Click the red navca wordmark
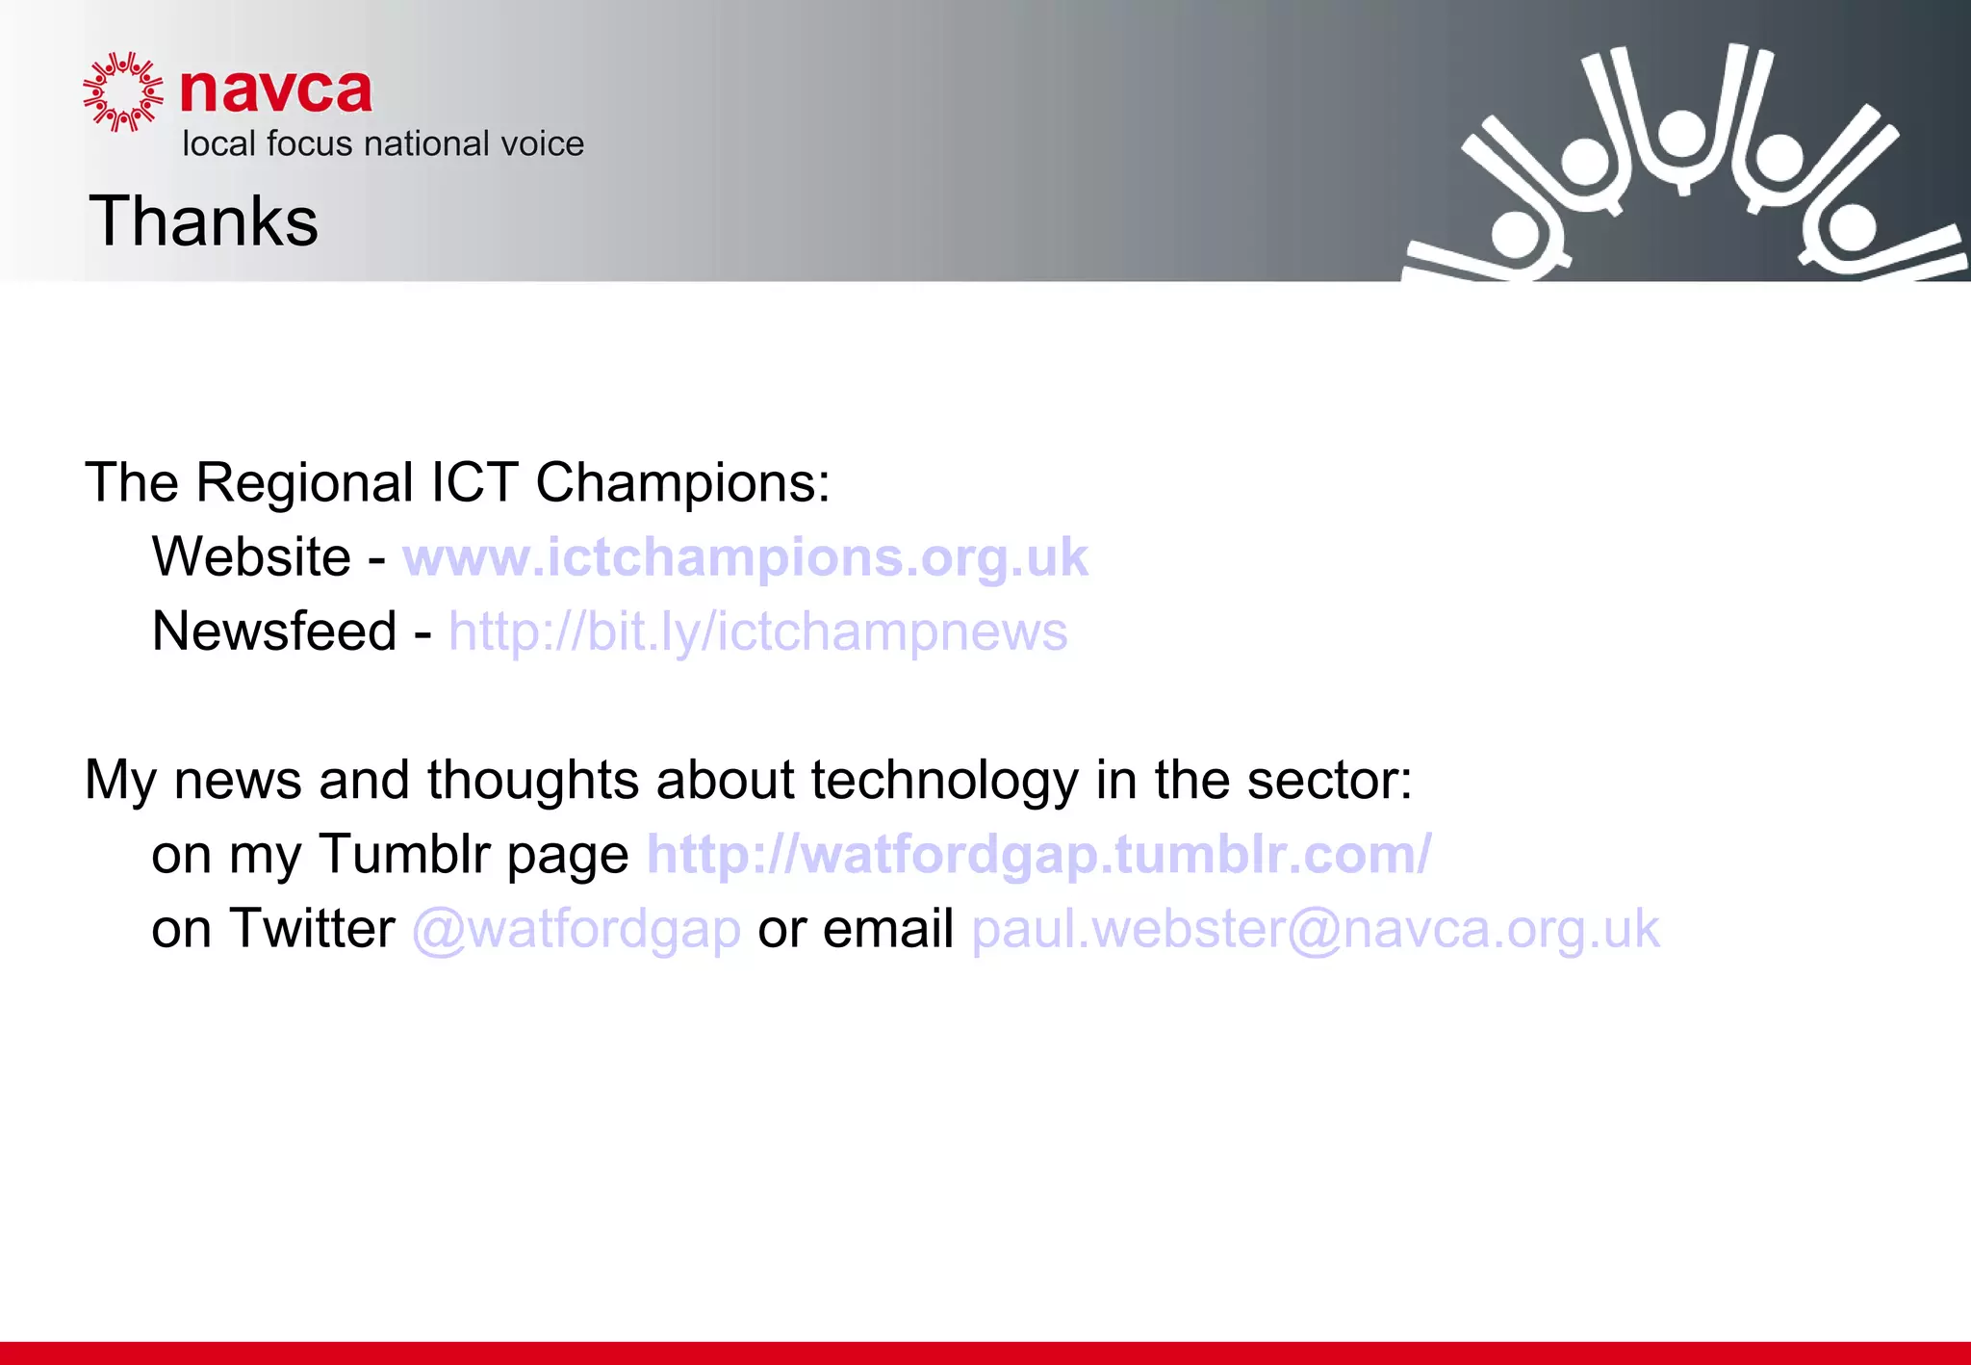pos(276,91)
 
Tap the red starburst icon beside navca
pos(122,91)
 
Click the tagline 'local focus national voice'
pos(383,143)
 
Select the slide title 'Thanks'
pos(203,220)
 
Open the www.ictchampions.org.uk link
pos(745,556)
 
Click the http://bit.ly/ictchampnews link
pos(757,631)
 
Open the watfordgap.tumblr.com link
pos(1039,854)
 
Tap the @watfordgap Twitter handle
pos(576,929)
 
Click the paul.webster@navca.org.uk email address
pos(1316,929)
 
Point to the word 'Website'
pos(251,556)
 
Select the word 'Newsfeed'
pos(274,631)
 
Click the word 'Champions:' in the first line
pos(682,482)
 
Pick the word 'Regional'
pos(305,482)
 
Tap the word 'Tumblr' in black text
pos(405,854)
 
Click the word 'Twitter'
pos(312,929)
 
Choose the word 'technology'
pos(944,781)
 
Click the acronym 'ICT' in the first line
pos(474,482)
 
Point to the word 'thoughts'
pos(532,780)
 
